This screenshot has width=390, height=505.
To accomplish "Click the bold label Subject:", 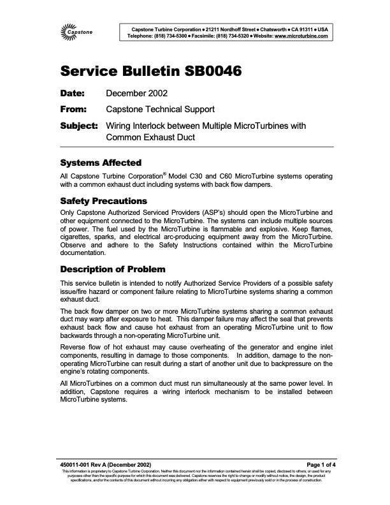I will [78, 126].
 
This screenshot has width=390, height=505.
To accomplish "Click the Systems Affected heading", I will [100, 163].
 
